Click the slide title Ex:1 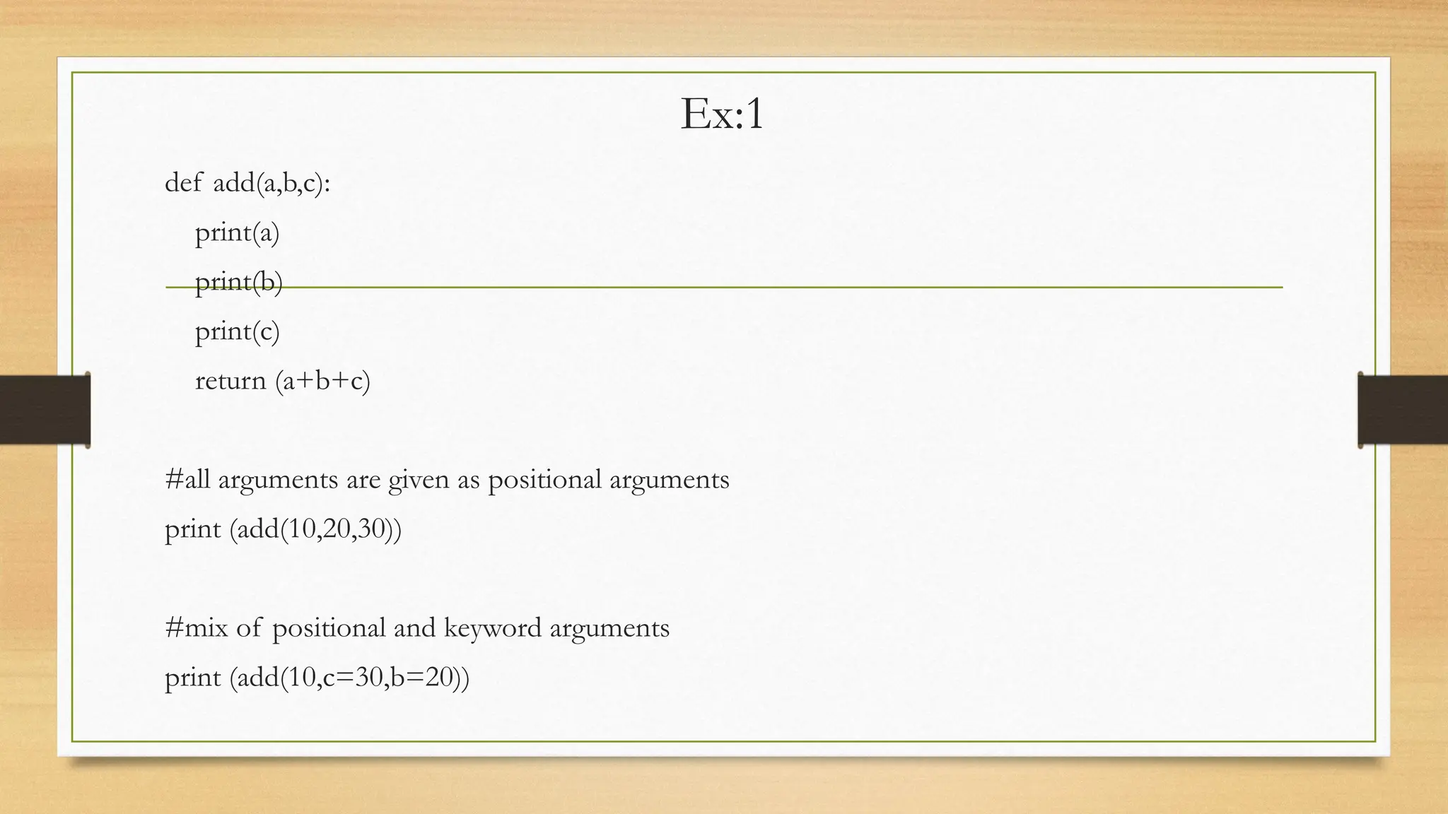click(x=722, y=114)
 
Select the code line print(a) click(x=237, y=232)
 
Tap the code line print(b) click(x=238, y=282)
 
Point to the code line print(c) click(x=237, y=331)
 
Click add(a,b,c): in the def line click(x=271, y=184)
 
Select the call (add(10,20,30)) click(x=315, y=529)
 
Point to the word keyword click(x=492, y=628)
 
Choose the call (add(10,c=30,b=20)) click(x=349, y=678)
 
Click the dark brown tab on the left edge click(x=45, y=410)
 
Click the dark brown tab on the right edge click(x=1403, y=410)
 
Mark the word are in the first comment click(x=363, y=480)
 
